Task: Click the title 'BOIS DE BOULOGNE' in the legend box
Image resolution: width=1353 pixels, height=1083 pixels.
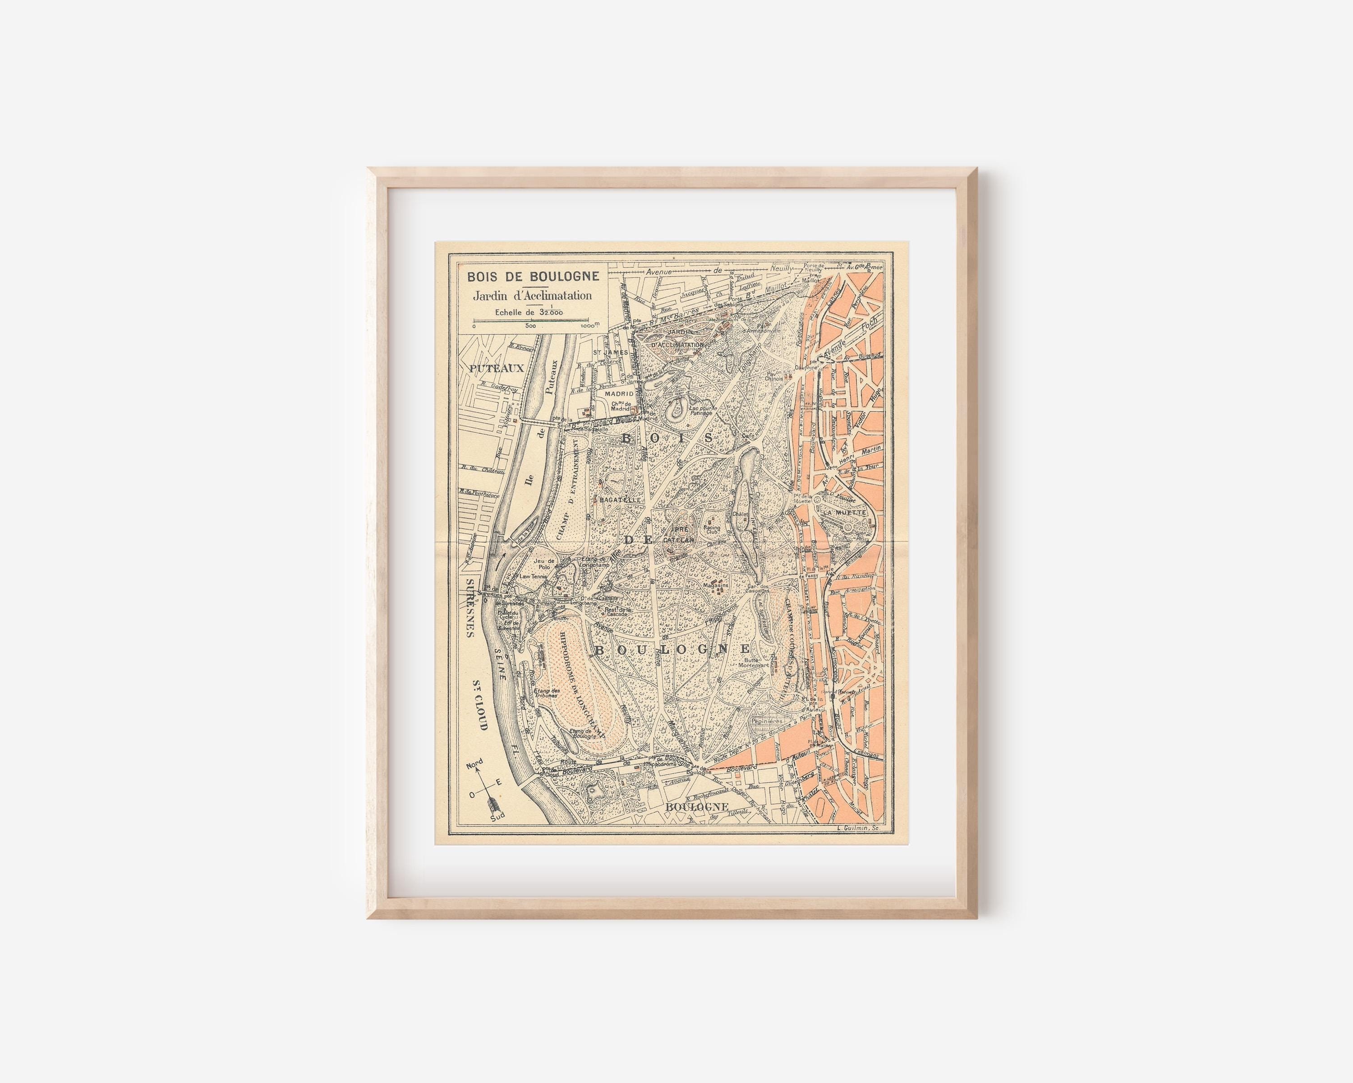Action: pyautogui.click(x=532, y=276)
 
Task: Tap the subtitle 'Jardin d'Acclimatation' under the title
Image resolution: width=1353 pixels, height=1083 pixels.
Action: pyautogui.click(x=532, y=295)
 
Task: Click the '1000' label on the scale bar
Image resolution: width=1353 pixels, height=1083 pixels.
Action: pyautogui.click(x=589, y=326)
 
